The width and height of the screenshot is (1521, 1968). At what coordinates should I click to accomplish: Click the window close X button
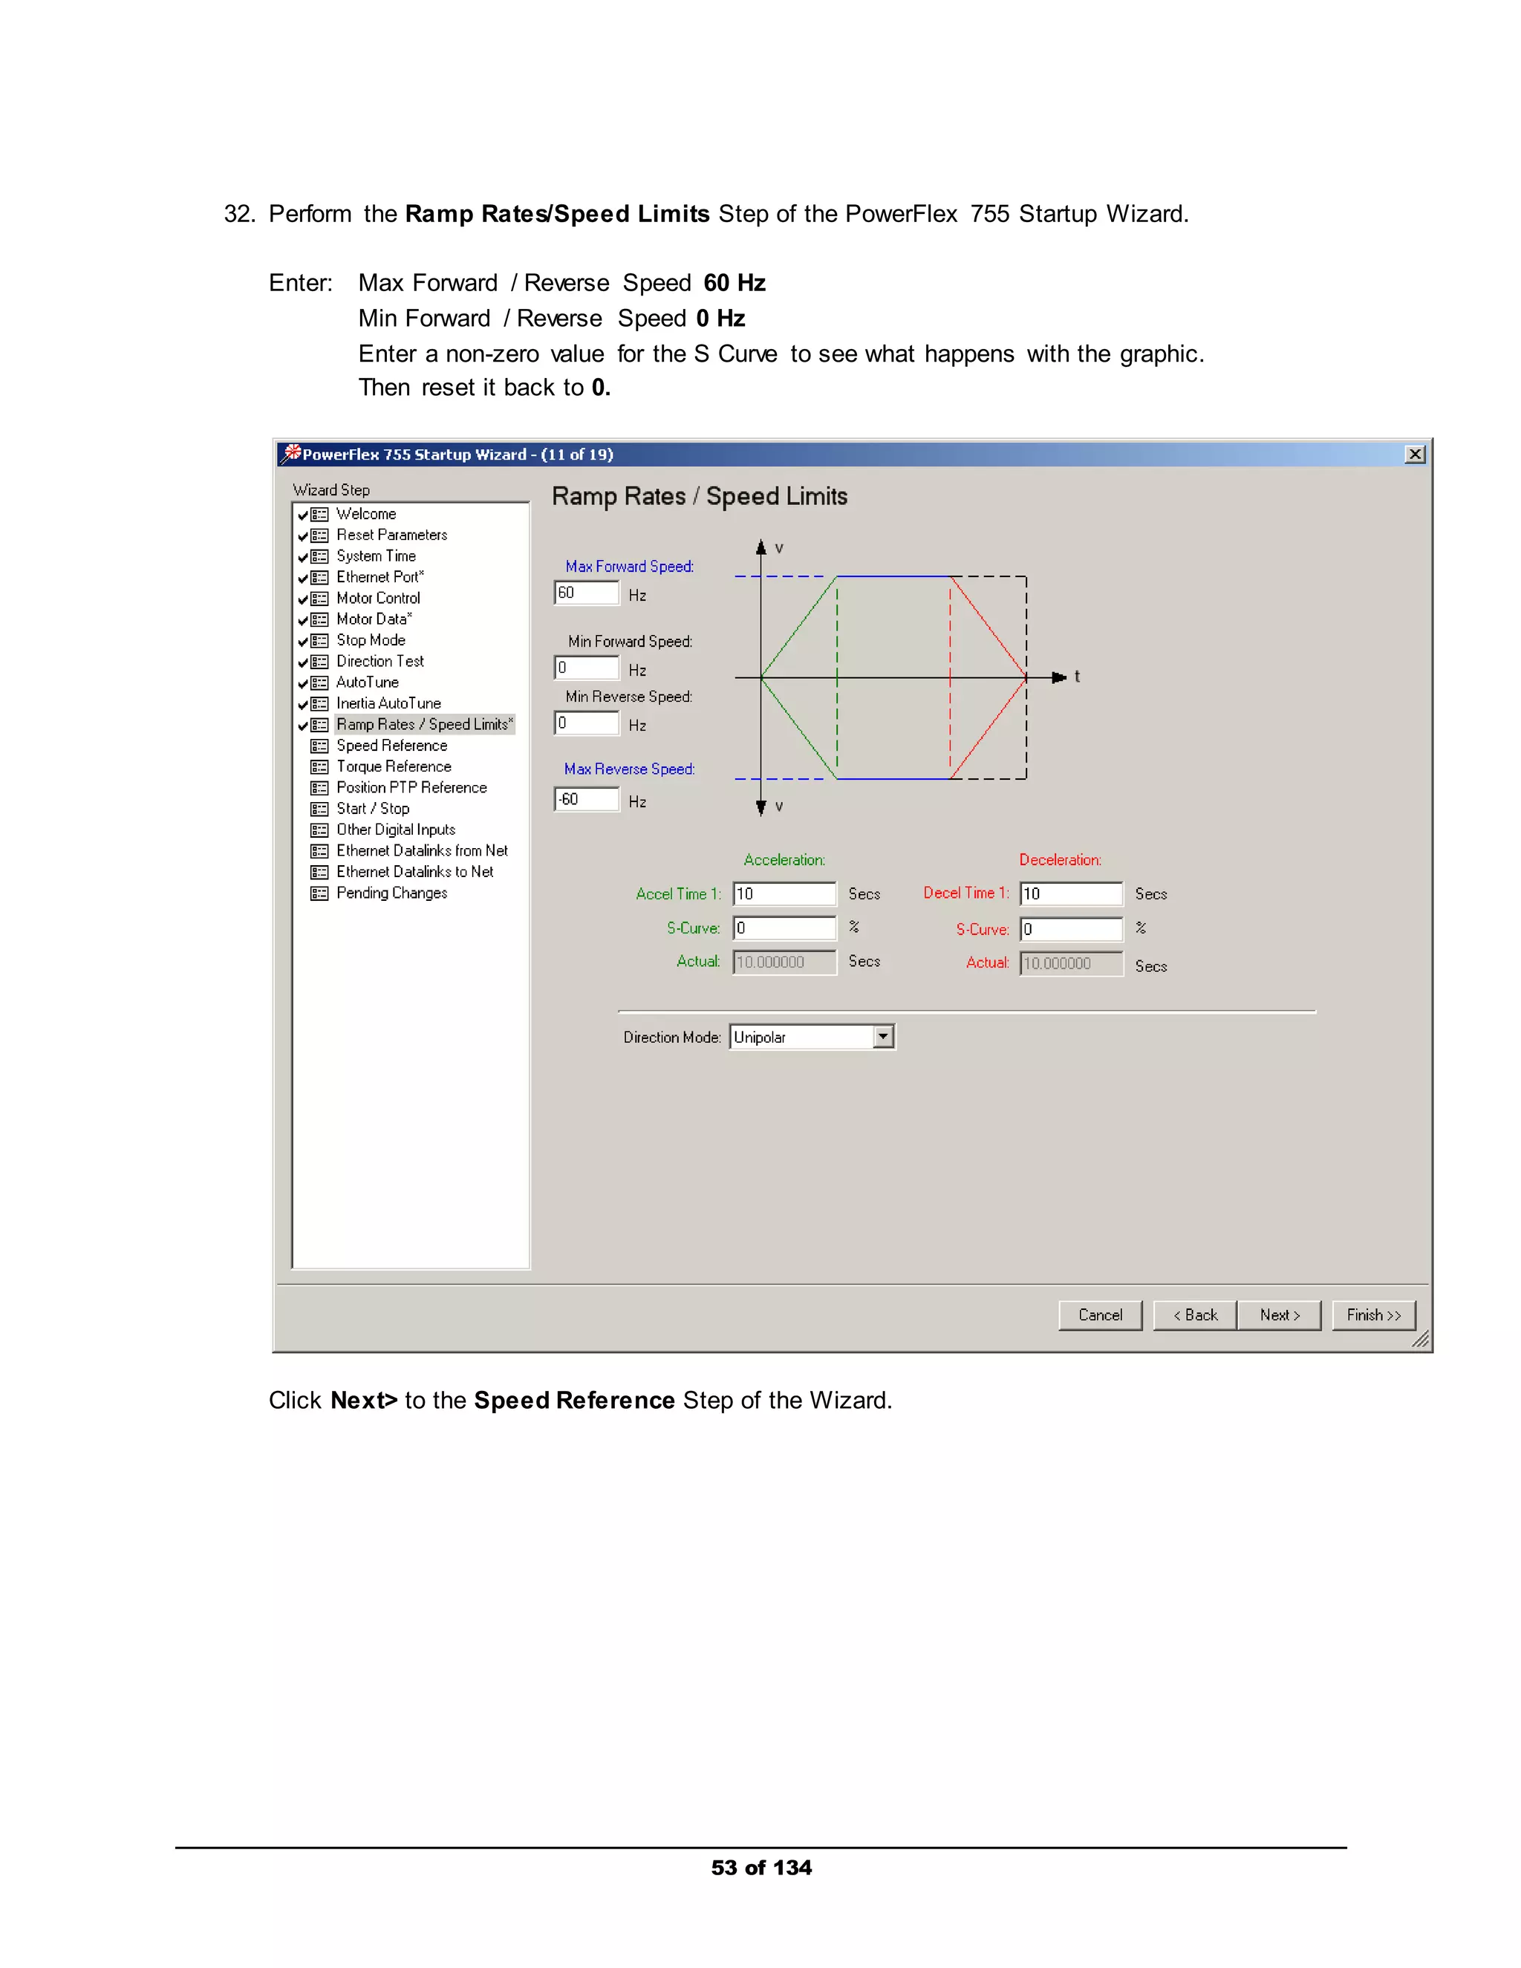click(x=1415, y=454)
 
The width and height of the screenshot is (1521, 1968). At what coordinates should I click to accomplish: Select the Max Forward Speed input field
click(x=587, y=593)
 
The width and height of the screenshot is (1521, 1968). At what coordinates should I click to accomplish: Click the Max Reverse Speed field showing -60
click(x=587, y=799)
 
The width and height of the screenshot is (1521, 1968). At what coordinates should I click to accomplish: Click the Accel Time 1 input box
click(x=784, y=894)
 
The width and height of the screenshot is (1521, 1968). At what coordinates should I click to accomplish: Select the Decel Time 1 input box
click(x=1070, y=894)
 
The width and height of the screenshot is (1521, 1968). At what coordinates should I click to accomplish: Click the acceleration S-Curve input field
click(x=784, y=928)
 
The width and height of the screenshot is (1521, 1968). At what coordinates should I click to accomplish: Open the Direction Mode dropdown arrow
click(x=883, y=1037)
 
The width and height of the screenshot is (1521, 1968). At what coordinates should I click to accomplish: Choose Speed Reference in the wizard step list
click(x=391, y=745)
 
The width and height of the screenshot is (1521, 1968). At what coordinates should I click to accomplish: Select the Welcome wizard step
click(x=366, y=514)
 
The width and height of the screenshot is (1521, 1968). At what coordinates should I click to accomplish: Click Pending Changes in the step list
click(x=391, y=893)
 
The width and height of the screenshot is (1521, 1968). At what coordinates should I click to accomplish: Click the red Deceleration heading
click(x=1060, y=860)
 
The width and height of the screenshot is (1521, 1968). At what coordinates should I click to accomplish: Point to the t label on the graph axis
click(x=1077, y=677)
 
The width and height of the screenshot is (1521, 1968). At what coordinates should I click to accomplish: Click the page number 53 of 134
click(x=760, y=1868)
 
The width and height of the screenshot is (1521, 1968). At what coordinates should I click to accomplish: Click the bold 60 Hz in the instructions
click(x=735, y=283)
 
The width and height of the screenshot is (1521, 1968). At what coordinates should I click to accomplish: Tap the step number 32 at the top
click(x=239, y=215)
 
